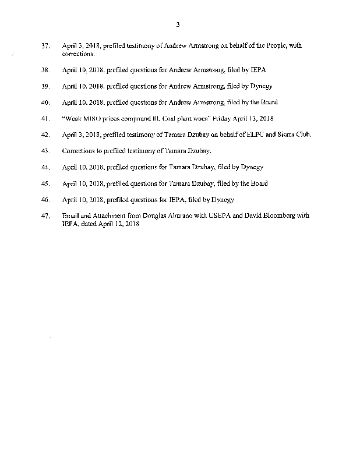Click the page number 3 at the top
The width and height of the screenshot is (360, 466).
(178, 24)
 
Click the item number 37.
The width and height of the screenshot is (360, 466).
(46, 45)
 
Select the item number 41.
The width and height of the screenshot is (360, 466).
(46, 119)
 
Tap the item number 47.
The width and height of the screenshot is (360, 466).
(46, 216)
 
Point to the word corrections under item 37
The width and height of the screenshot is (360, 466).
(77, 54)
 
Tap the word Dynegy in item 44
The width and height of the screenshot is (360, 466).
(252, 167)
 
